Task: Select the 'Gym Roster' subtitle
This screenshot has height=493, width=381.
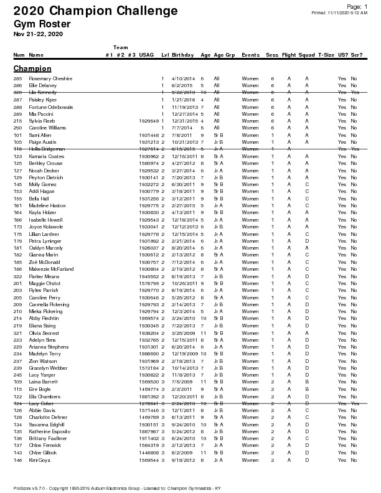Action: [x=42, y=24]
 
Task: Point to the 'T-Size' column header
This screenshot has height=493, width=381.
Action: [x=326, y=55]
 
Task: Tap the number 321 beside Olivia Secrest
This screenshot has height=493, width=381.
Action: [x=17, y=333]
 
